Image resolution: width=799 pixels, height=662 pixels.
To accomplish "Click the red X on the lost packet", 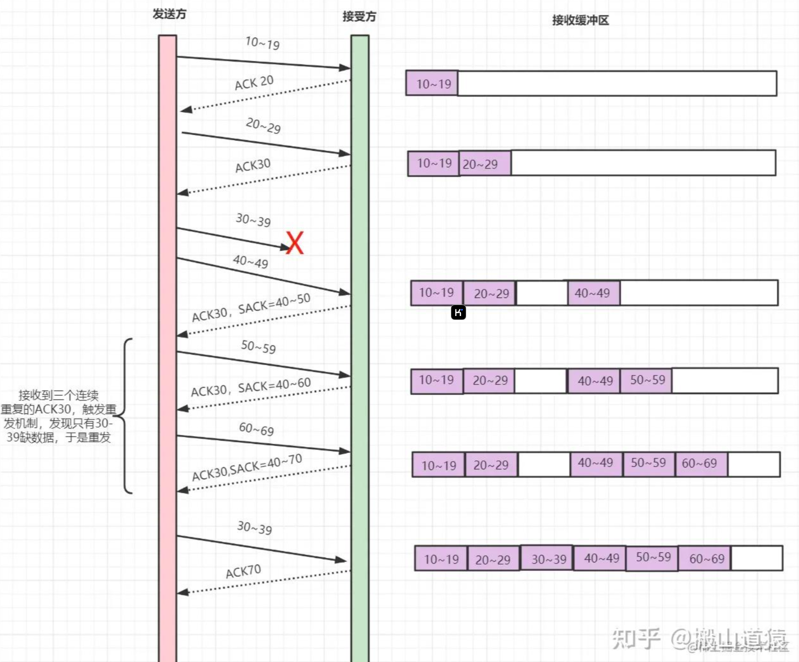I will pos(295,243).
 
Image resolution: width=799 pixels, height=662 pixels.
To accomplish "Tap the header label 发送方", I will pos(169,14).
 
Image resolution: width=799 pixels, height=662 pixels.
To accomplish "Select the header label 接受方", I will pos(359,16).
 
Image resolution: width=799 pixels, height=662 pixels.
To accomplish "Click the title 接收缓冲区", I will pos(580,20).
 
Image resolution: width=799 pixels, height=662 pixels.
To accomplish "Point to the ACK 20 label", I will pos(254,82).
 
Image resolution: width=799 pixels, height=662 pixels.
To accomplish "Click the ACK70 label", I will pos(243,571).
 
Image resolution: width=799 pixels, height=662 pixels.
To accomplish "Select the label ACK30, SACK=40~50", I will pos(251,307).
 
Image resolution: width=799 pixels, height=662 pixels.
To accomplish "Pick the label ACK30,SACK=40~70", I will pos(247,467).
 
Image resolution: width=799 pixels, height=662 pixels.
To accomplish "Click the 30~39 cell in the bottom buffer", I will pos(548,558).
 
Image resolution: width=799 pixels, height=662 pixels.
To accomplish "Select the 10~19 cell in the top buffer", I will pos(433,83).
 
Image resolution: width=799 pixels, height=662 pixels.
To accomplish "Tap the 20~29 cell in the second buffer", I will pos(484,163).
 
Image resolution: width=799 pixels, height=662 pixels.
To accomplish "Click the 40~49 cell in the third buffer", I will pos(592,293).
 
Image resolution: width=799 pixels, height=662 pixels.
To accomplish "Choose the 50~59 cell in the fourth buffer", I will pos(647,380).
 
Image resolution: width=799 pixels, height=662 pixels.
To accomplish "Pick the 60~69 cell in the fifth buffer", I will pos(699,464).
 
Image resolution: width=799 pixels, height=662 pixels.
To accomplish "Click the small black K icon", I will pos(458,312).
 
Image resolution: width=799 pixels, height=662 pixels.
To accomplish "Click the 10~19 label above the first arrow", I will pos(262,43).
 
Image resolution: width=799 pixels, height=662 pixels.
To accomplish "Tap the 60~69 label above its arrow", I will pos(256,429).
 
